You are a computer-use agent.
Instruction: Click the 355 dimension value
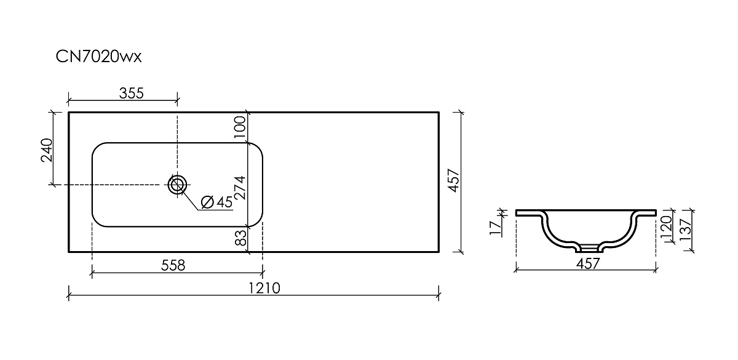[x=131, y=93]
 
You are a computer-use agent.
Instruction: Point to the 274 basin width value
[x=240, y=187]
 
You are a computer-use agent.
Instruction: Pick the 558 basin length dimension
[x=173, y=265]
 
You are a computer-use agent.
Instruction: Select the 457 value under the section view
[x=589, y=263]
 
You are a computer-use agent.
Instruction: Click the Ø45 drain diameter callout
[x=216, y=202]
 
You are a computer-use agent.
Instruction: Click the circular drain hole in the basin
[x=177, y=184]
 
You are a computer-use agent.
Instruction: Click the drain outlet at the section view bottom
[x=589, y=248]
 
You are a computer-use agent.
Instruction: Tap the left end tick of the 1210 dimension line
[x=68, y=295]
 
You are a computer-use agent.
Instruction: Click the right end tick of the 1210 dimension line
[x=438, y=295]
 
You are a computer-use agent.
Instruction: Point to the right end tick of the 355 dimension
[x=177, y=98]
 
